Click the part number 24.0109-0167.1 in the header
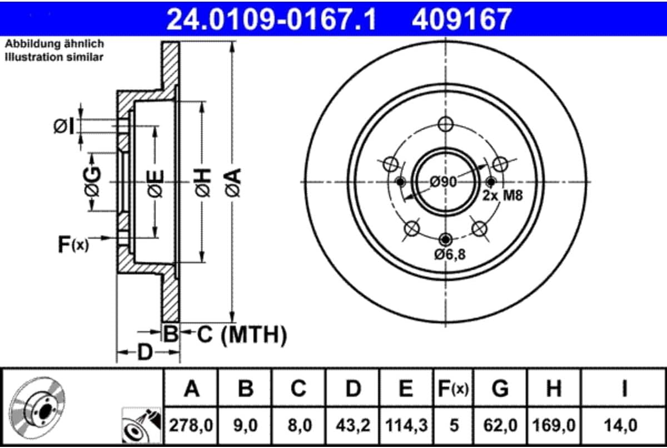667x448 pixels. coord(271,19)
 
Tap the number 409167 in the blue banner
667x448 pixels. coord(462,19)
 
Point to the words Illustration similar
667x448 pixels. coord(54,57)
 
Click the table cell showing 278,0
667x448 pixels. coord(191,425)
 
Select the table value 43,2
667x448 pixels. coord(353,425)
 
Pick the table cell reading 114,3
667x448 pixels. coord(406,425)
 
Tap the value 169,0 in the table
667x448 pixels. coord(554,425)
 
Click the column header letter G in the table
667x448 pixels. coord(500,388)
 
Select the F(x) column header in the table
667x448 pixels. coord(454,388)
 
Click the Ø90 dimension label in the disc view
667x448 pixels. coord(444,182)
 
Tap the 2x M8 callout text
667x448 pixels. coord(502,196)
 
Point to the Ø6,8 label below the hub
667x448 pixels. coord(450,254)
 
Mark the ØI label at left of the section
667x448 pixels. coord(64,126)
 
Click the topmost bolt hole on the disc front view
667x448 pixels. coord(446,124)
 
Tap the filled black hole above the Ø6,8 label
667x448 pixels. coord(445,239)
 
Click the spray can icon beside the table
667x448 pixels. coord(141,425)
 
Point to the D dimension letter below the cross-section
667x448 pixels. coord(145,352)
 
